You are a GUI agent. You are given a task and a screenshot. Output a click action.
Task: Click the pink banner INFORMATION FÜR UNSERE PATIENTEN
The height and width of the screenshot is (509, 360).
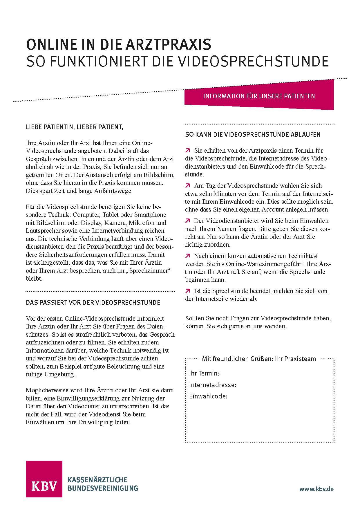click(x=259, y=96)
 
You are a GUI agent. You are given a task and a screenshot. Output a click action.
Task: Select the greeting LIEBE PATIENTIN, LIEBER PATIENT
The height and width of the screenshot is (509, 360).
click(x=73, y=127)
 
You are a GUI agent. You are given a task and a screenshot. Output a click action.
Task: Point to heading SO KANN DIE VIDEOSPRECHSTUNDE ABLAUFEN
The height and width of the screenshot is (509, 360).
click(x=253, y=135)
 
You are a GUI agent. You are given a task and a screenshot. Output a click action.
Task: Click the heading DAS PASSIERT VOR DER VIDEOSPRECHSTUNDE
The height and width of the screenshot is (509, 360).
click(x=93, y=303)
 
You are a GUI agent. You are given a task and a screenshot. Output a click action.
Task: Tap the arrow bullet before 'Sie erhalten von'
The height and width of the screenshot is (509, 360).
click(x=188, y=150)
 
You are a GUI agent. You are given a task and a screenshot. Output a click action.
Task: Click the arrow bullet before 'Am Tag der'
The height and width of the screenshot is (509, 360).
click(x=188, y=185)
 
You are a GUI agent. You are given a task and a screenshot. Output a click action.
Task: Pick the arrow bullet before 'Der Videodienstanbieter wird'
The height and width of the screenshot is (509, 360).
click(x=188, y=221)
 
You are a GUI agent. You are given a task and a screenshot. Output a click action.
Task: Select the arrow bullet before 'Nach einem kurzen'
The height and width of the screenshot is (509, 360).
click(x=188, y=256)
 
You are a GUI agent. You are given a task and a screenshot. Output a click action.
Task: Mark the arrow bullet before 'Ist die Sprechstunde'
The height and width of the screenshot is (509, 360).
click(x=188, y=291)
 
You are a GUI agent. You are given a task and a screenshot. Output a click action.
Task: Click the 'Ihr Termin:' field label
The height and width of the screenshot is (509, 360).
click(x=204, y=373)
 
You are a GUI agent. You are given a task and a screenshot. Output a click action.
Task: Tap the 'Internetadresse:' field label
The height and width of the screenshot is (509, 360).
click(x=213, y=385)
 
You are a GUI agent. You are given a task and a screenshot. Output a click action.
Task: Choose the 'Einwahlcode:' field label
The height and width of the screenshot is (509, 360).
click(x=208, y=396)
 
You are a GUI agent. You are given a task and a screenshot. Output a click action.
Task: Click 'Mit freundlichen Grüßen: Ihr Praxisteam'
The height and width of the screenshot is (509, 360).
click(x=259, y=359)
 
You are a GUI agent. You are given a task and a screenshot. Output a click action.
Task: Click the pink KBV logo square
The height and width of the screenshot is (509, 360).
click(x=44, y=479)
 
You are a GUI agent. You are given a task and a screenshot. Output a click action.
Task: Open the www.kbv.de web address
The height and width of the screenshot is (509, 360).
click(x=316, y=489)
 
